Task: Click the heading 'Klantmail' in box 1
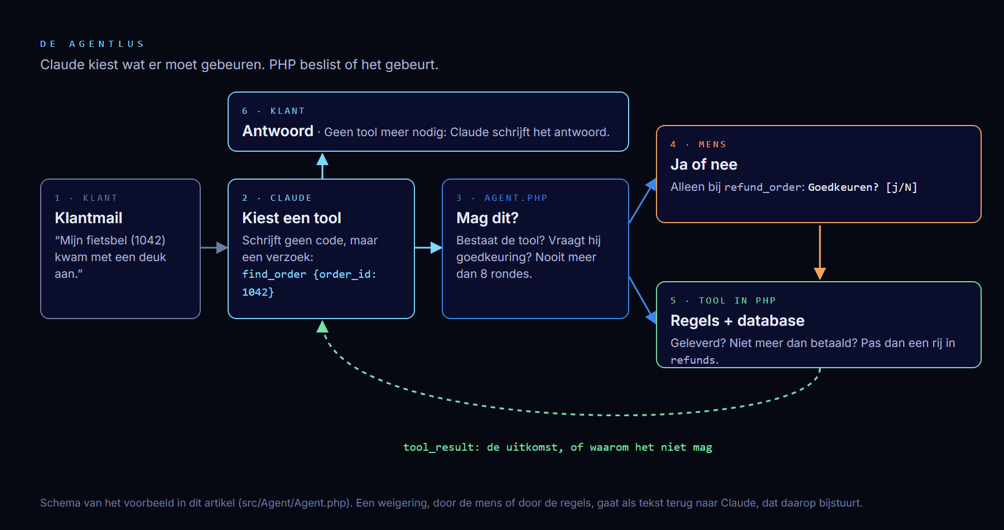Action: [89, 218]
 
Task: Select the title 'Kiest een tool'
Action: [292, 218]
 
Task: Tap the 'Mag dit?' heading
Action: [487, 218]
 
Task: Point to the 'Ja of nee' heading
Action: [704, 165]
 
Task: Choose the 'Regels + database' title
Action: [737, 321]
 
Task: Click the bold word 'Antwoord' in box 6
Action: [278, 131]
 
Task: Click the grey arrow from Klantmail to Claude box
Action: [214, 248]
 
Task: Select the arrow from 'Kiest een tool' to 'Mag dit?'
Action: [428, 248]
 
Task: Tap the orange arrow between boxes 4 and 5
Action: [820, 252]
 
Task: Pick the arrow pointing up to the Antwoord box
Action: [322, 166]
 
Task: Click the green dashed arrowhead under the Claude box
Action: [322, 326]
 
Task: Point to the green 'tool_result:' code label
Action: [441, 447]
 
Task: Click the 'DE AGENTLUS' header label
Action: [92, 44]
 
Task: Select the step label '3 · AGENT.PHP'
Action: [502, 198]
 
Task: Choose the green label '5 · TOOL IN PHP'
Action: [723, 301]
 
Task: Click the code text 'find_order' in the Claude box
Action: [274, 274]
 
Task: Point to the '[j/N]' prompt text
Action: [901, 187]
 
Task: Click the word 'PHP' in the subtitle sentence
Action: [282, 65]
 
